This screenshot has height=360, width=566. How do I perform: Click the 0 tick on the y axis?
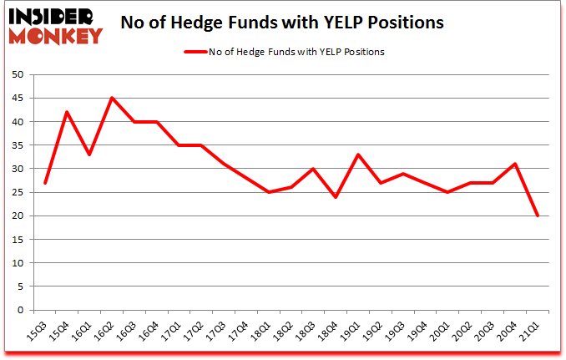[x=19, y=311]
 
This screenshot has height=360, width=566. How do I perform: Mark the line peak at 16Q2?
[x=112, y=99]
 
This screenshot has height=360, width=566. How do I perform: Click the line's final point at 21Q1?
[x=537, y=215]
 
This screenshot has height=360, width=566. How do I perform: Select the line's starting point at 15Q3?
[x=46, y=183]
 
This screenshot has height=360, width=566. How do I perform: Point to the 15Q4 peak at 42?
[x=68, y=113]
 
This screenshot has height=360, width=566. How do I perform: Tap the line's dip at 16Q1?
[x=89, y=155]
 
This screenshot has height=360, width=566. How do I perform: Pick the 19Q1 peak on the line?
[x=358, y=155]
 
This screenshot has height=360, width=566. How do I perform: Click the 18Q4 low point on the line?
[x=336, y=197]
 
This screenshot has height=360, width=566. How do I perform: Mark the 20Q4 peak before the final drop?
[x=515, y=164]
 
